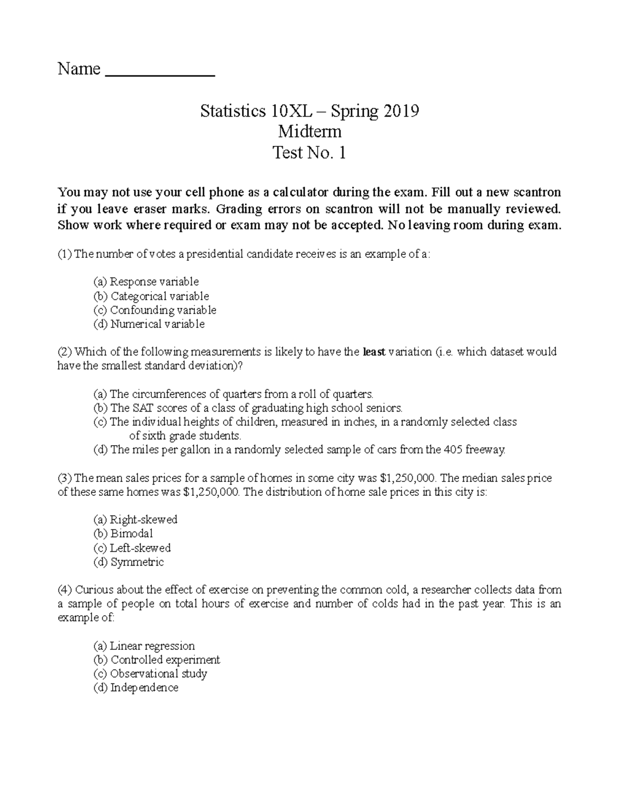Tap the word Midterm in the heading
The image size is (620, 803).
[x=309, y=132]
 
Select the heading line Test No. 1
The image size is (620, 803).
[x=309, y=153]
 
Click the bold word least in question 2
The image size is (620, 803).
[x=374, y=352]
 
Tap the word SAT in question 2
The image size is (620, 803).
[x=143, y=408]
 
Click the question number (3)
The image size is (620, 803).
[x=65, y=478]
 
